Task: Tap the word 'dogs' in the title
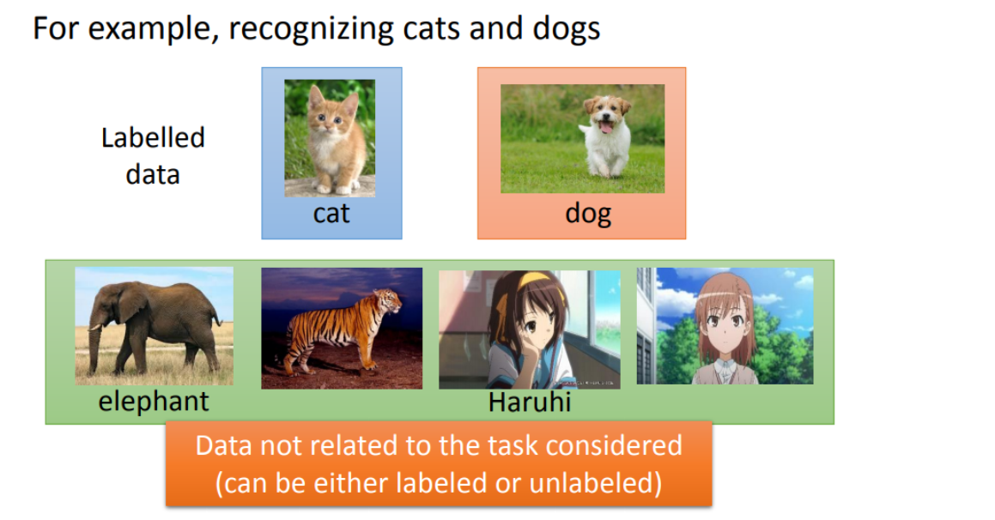tap(567, 28)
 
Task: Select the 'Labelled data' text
tap(153, 156)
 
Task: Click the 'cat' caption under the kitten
tap(331, 214)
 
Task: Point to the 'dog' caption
tap(588, 214)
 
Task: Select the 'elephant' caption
tap(154, 401)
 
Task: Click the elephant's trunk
tap(94, 348)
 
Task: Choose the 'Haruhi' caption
tap(530, 402)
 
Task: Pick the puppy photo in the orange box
tap(583, 138)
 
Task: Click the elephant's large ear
tap(130, 305)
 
